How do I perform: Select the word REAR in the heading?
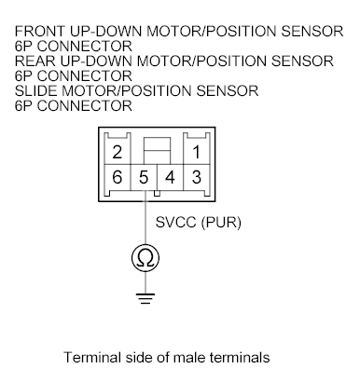click(35, 61)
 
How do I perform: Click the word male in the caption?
click(199, 357)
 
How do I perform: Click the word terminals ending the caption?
click(248, 357)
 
